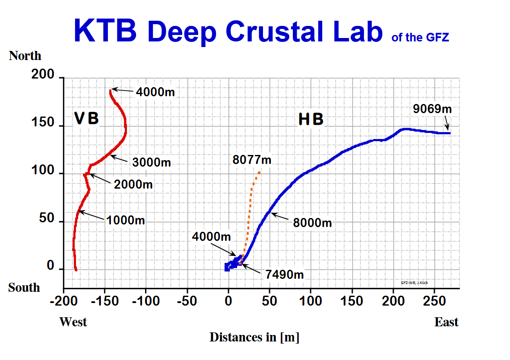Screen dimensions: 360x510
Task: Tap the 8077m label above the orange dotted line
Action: [x=252, y=160]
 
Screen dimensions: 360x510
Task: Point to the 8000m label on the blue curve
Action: [x=312, y=223]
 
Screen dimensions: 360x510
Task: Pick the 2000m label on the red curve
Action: [x=133, y=184]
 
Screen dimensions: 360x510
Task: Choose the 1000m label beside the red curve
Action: [x=125, y=220]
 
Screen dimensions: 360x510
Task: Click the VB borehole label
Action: [x=86, y=119]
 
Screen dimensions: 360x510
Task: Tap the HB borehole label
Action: [x=311, y=120]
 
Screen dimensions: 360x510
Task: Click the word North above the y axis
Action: [x=25, y=56]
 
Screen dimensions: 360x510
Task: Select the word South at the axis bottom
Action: [x=24, y=287]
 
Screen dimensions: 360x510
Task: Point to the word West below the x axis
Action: [x=73, y=322]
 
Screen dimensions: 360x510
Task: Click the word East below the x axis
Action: [x=447, y=322]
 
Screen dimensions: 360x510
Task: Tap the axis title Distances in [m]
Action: [x=254, y=337]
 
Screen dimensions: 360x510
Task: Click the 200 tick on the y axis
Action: [x=43, y=75]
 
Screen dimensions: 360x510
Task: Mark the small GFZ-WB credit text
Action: [x=414, y=283]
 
